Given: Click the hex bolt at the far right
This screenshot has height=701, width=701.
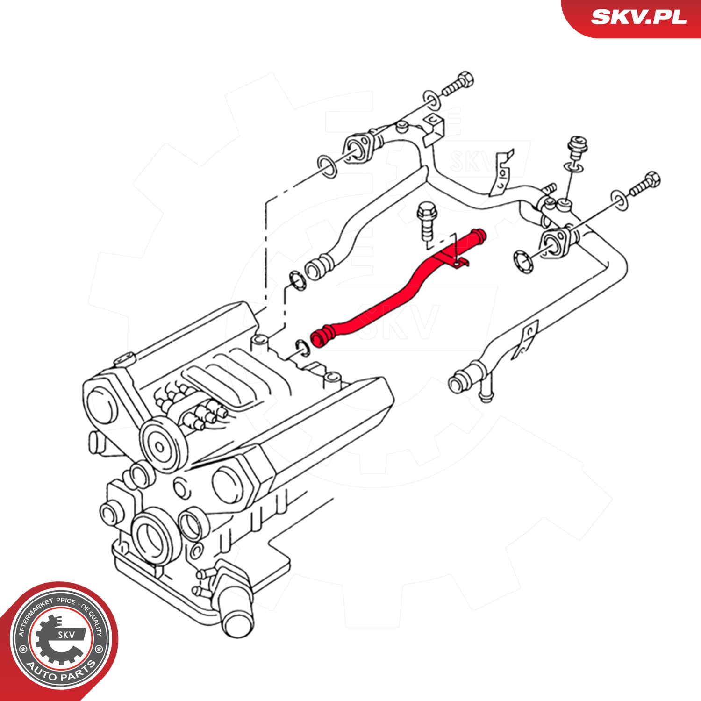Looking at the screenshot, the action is tap(644, 185).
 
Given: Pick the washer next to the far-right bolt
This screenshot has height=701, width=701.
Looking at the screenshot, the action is tap(620, 200).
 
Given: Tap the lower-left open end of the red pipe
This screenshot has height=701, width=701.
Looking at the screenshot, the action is tap(319, 338).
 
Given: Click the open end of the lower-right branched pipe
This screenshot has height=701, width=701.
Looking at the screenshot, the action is tap(457, 383).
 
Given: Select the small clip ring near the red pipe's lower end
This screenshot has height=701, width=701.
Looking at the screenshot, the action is tap(301, 348).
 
